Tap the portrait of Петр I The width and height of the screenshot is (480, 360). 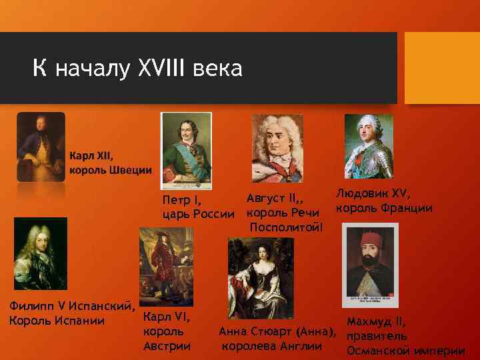click(x=186, y=152)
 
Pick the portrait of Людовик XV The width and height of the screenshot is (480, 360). click(x=369, y=147)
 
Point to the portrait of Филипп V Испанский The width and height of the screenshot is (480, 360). click(x=41, y=253)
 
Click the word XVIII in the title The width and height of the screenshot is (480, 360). click(x=165, y=68)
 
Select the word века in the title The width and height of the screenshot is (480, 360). click(x=219, y=68)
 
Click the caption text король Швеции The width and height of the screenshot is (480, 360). click(x=111, y=169)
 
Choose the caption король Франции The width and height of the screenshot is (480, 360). click(x=384, y=208)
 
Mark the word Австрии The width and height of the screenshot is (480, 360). click(x=167, y=346)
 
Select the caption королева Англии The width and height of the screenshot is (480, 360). click(x=272, y=346)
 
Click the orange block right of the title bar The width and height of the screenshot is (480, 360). click(x=439, y=67)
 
